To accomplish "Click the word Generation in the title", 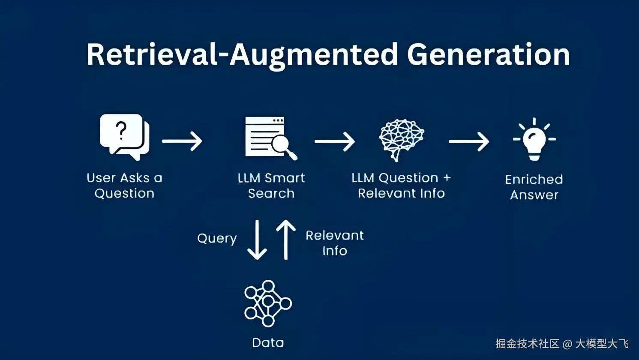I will coord(488,55).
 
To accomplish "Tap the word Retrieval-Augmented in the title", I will coord(242,55).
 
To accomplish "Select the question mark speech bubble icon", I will coord(124,136).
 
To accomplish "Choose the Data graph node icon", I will coord(268,303).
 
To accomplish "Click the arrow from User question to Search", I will coord(182,141).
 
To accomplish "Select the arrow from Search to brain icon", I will coord(335,141).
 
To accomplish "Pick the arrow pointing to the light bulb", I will coord(468,141).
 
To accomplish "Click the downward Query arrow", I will coord(257,240).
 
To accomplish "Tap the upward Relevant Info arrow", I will coord(286,240).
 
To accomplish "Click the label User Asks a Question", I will coord(124,186).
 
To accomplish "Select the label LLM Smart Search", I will coord(271,186).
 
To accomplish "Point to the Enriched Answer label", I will coord(534,187).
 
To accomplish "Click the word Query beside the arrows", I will coord(217,239).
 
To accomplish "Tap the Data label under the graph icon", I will coord(268,342).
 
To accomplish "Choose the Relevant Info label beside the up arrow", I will coord(335,243).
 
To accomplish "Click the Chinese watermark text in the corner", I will coord(562,344).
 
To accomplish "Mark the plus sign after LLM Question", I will coord(447,177).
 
